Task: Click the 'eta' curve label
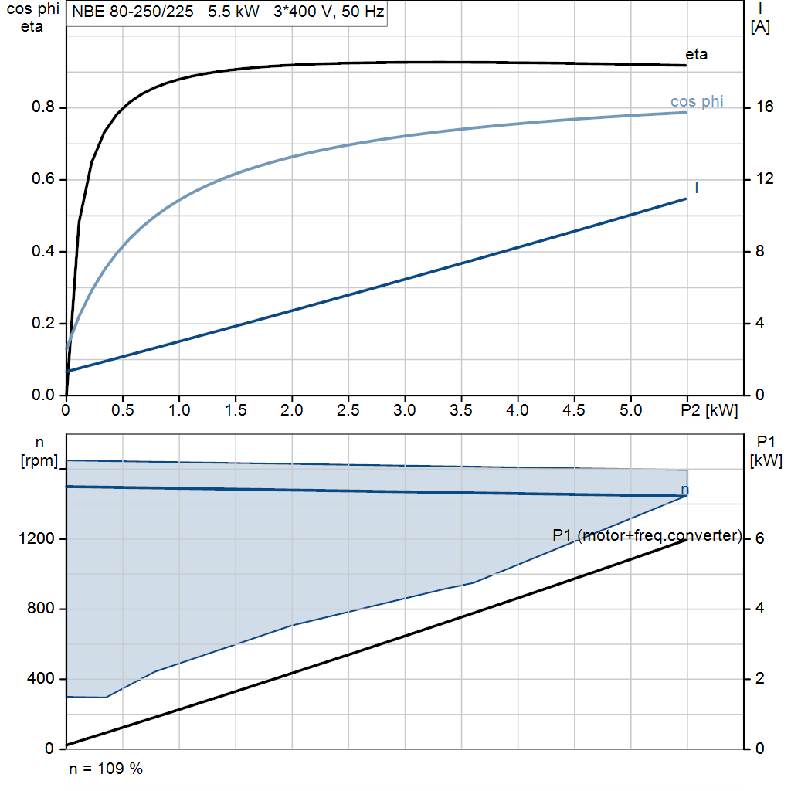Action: (696, 54)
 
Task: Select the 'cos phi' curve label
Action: (697, 101)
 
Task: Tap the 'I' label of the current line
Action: (697, 188)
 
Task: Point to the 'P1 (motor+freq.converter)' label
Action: (647, 535)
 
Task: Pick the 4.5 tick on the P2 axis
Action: (574, 409)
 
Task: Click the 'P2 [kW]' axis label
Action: (710, 409)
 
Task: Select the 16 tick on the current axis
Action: (763, 107)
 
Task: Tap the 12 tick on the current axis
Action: (763, 179)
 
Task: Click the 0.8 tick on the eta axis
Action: (43, 107)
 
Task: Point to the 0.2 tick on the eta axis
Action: (43, 323)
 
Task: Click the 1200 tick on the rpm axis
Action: (39, 538)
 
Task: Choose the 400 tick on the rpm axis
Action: (43, 678)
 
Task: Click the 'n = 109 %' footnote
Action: (106, 769)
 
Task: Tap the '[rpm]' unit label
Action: (39, 460)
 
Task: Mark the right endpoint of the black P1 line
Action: (687, 540)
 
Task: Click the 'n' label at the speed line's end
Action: (684, 490)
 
